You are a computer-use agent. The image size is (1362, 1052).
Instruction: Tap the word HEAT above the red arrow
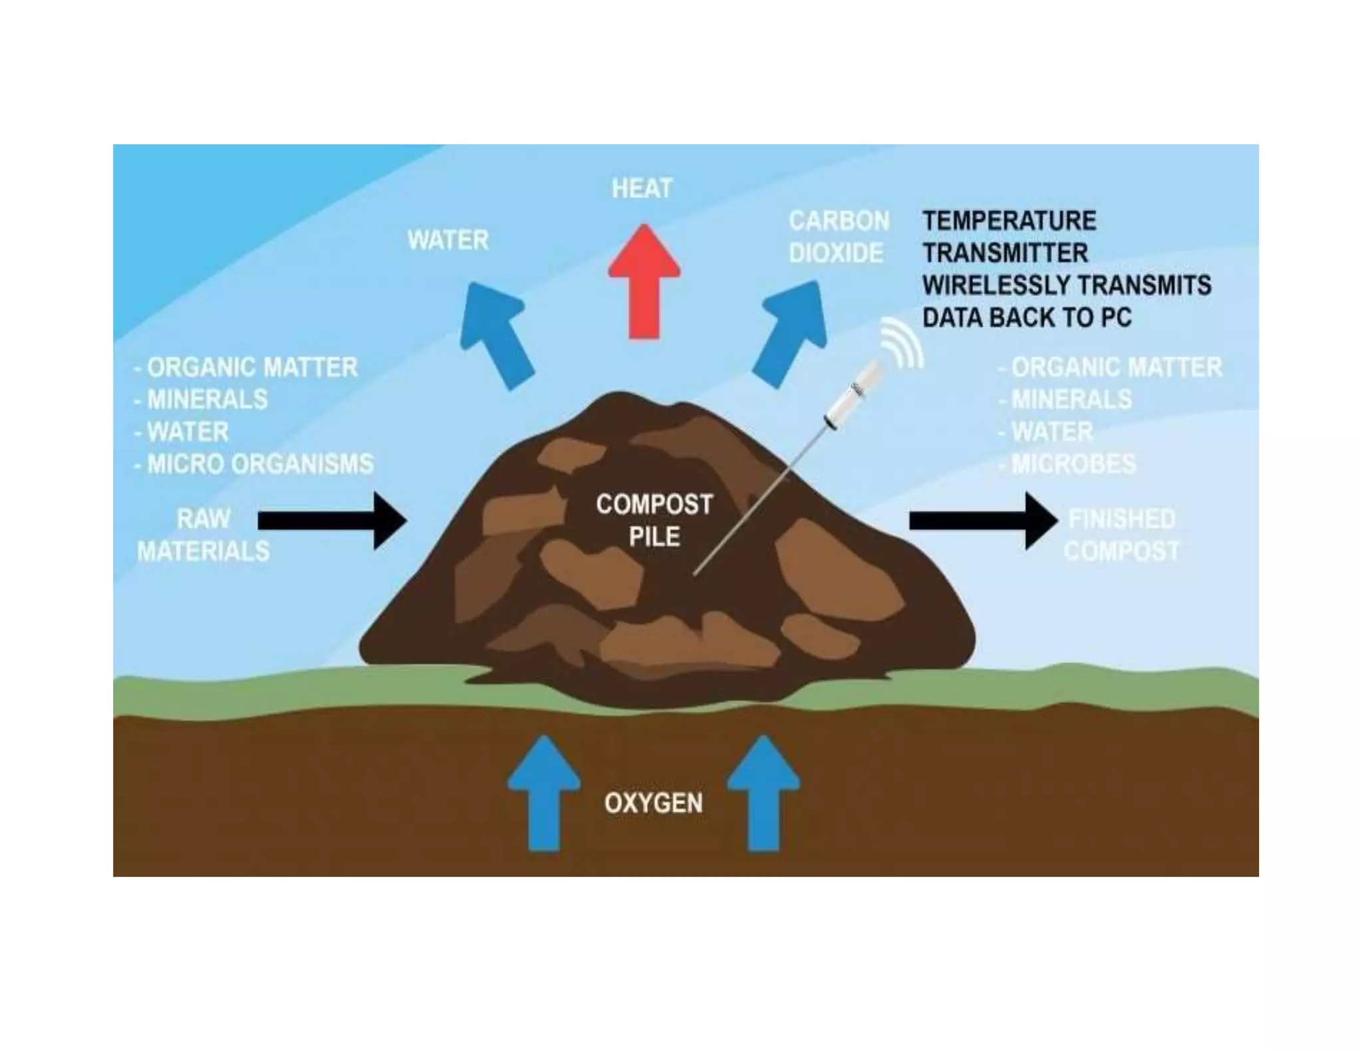(642, 188)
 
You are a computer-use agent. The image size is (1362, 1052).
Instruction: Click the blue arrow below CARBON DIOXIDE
(791, 333)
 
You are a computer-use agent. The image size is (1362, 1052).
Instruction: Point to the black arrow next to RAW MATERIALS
(333, 521)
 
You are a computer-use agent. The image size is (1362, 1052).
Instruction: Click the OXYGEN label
(653, 803)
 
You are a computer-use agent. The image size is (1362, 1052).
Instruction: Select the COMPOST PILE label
(654, 520)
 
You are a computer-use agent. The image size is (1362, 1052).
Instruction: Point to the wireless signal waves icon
(903, 342)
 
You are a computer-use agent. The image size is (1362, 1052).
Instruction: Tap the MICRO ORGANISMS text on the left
(260, 464)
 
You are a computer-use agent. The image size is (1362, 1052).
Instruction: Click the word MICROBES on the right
(1073, 464)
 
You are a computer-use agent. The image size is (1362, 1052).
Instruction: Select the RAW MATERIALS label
(204, 535)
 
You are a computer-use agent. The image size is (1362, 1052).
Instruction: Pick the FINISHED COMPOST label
(1121, 535)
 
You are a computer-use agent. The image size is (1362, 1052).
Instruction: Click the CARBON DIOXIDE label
(838, 237)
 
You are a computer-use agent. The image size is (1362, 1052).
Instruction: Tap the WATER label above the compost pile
(448, 240)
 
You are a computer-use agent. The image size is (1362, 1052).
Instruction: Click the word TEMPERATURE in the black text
(1009, 221)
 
